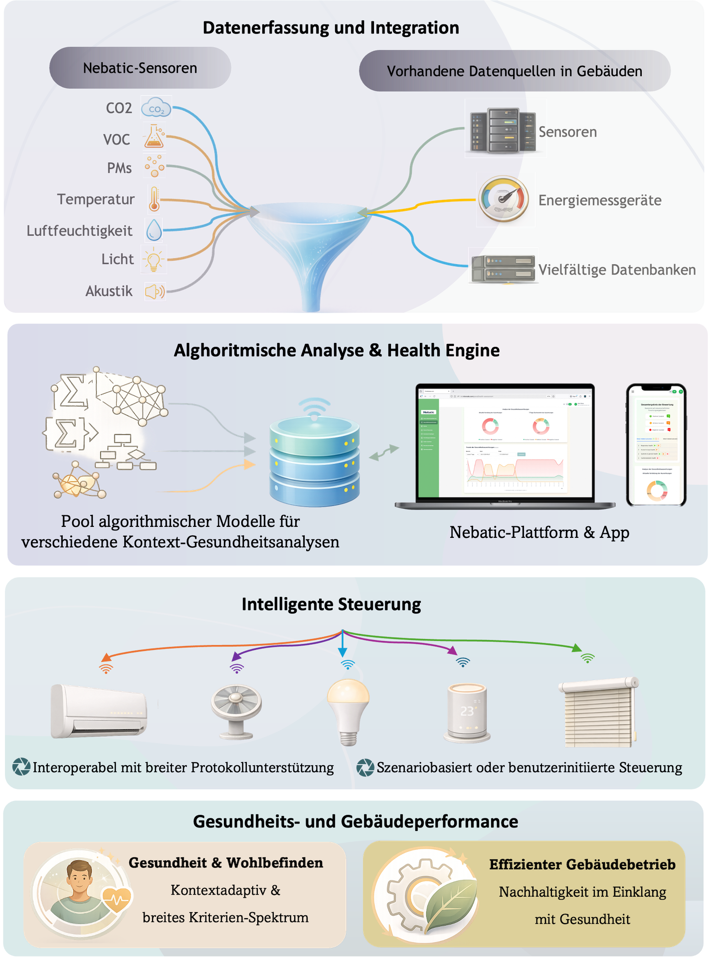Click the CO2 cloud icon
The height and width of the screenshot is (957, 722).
tap(156, 108)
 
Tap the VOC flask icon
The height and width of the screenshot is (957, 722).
tap(154, 137)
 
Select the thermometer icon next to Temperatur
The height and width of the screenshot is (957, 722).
tap(154, 199)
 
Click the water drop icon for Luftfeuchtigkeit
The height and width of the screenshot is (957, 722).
tap(154, 230)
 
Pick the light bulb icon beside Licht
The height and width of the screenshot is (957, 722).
tap(154, 259)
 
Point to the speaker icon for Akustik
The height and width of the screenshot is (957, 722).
tap(155, 291)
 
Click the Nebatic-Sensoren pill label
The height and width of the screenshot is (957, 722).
tap(140, 68)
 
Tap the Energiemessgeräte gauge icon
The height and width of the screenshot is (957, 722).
tap(505, 200)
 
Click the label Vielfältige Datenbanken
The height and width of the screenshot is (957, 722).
tap(617, 270)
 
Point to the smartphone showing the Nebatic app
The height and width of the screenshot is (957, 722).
tap(656, 445)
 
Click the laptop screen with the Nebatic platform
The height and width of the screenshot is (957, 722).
tap(505, 441)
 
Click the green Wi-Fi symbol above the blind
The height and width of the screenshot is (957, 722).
tap(588, 658)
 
